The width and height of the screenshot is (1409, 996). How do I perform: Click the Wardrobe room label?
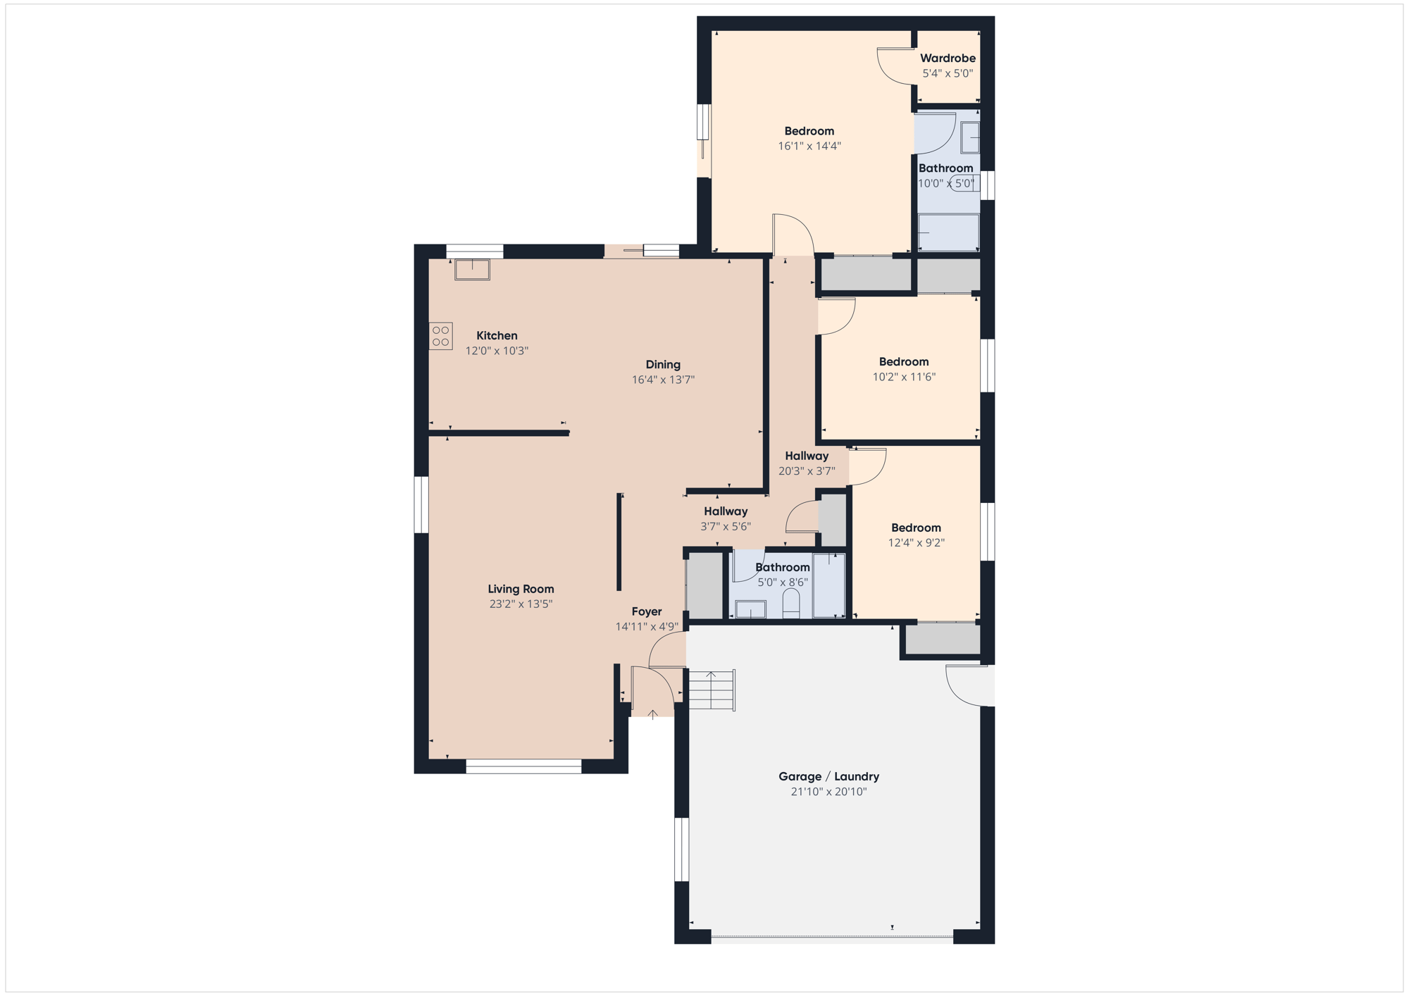(x=948, y=58)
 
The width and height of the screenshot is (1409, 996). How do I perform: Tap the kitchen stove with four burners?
(x=441, y=336)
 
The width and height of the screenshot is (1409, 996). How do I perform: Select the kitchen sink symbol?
(x=472, y=269)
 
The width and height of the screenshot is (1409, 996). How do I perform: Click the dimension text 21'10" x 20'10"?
(x=828, y=792)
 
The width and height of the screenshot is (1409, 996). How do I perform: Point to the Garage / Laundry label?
(x=828, y=776)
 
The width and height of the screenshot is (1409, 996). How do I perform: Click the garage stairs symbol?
(x=712, y=690)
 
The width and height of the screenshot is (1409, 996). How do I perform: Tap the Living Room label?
(x=521, y=589)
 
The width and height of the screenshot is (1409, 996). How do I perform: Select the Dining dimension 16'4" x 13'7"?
(x=663, y=380)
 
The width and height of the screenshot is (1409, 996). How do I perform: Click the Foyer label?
(x=646, y=611)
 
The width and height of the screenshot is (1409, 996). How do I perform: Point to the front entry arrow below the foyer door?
(x=653, y=714)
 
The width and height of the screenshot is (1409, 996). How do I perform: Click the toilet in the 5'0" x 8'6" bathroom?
(x=791, y=603)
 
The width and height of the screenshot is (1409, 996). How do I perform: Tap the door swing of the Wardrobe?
(x=895, y=67)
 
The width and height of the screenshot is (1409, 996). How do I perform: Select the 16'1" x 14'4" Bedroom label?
(x=809, y=131)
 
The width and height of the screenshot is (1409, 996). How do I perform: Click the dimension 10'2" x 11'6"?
(x=904, y=377)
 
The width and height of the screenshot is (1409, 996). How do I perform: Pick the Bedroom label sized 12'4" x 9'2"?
(x=916, y=528)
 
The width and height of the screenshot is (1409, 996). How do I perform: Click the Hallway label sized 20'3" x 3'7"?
(x=807, y=456)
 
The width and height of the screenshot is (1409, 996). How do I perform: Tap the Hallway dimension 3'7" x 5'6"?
(x=726, y=526)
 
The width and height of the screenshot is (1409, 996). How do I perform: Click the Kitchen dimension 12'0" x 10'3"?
(x=497, y=351)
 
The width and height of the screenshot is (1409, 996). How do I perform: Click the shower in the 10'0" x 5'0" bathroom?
(x=948, y=232)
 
